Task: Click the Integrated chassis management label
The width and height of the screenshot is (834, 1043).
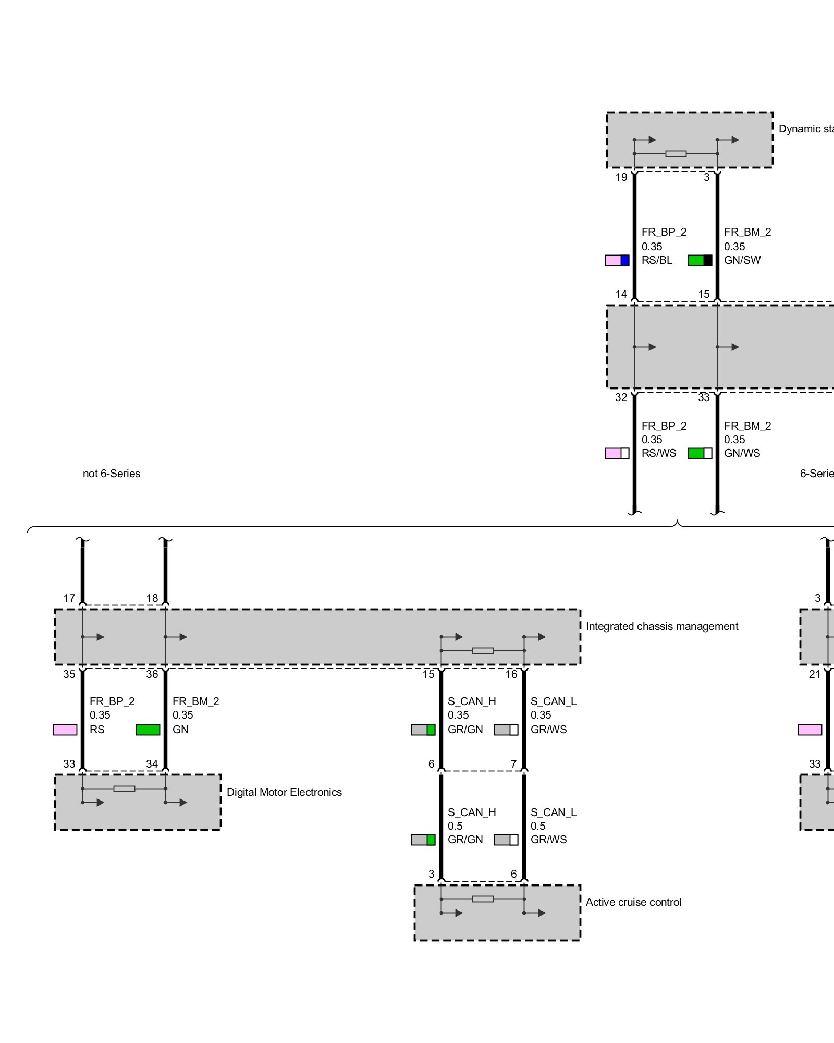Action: (661, 626)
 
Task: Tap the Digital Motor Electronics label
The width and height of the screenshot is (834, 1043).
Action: (284, 792)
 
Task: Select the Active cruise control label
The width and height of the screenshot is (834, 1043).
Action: (633, 902)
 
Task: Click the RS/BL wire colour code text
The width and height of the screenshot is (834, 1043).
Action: (657, 260)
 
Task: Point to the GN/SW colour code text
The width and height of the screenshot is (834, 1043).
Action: (742, 260)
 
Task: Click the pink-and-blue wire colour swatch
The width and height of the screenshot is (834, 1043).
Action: (617, 260)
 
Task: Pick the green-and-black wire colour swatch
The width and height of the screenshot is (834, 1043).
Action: (700, 260)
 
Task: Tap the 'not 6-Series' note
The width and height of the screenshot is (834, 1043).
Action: (112, 474)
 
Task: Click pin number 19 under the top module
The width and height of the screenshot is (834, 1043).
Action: (621, 177)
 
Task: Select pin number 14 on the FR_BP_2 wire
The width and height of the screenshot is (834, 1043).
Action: (621, 294)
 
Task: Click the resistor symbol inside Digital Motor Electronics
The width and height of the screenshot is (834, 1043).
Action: (124, 789)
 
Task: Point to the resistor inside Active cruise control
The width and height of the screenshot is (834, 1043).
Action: (483, 899)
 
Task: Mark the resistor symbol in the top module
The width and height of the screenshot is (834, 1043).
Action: (676, 154)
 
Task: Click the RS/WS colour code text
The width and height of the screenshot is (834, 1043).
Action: (659, 453)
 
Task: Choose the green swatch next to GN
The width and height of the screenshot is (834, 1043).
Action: (148, 730)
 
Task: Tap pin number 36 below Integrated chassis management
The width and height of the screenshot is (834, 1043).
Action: (152, 674)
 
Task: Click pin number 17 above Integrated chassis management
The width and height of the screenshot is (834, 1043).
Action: (69, 598)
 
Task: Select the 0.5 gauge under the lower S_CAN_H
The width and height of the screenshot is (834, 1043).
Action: (455, 826)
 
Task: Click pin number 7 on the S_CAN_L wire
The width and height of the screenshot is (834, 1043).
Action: (513, 764)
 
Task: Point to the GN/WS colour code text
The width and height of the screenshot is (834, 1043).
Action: (742, 453)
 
